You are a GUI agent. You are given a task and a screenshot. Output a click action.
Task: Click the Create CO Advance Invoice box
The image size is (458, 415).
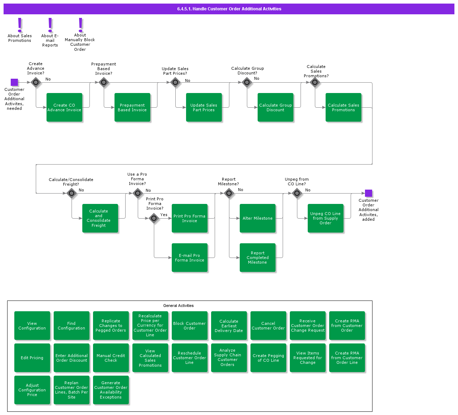(64, 107)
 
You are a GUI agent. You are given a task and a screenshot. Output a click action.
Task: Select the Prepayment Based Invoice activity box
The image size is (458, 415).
(132, 107)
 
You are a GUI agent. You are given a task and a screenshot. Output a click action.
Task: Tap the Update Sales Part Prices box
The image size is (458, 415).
(204, 107)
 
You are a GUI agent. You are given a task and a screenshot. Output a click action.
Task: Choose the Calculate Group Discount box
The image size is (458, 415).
(276, 107)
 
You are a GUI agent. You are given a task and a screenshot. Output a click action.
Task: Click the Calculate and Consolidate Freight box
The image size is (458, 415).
(100, 218)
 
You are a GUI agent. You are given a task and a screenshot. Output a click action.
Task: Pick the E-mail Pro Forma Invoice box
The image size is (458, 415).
(190, 258)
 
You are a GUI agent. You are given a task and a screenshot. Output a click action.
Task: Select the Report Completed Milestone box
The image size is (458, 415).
(258, 258)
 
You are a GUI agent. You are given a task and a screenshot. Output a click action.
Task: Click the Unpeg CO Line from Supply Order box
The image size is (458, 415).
(326, 218)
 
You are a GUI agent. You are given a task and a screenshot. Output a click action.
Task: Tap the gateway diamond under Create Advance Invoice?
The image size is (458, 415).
(36, 82)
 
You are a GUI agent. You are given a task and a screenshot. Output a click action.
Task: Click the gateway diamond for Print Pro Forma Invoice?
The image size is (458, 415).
(154, 218)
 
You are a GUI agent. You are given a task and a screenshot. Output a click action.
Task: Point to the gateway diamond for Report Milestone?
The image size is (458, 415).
(229, 194)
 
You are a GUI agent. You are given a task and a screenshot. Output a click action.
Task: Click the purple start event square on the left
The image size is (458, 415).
(14, 82)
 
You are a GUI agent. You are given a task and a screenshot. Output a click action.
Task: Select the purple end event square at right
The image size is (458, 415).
(369, 193)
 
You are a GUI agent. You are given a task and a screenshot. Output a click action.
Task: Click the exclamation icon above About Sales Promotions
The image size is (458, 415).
(20, 25)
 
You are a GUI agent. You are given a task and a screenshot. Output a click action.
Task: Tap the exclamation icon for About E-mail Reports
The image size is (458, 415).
(50, 25)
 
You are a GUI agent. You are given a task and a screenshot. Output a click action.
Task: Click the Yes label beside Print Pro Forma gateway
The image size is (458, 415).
(164, 215)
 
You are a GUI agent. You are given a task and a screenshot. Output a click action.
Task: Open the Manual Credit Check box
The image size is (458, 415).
(111, 358)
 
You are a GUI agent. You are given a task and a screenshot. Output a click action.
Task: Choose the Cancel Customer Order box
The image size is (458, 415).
(268, 326)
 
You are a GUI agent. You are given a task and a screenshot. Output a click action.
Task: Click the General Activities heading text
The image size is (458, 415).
(178, 306)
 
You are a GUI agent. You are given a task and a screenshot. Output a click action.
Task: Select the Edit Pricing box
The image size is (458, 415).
(32, 358)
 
